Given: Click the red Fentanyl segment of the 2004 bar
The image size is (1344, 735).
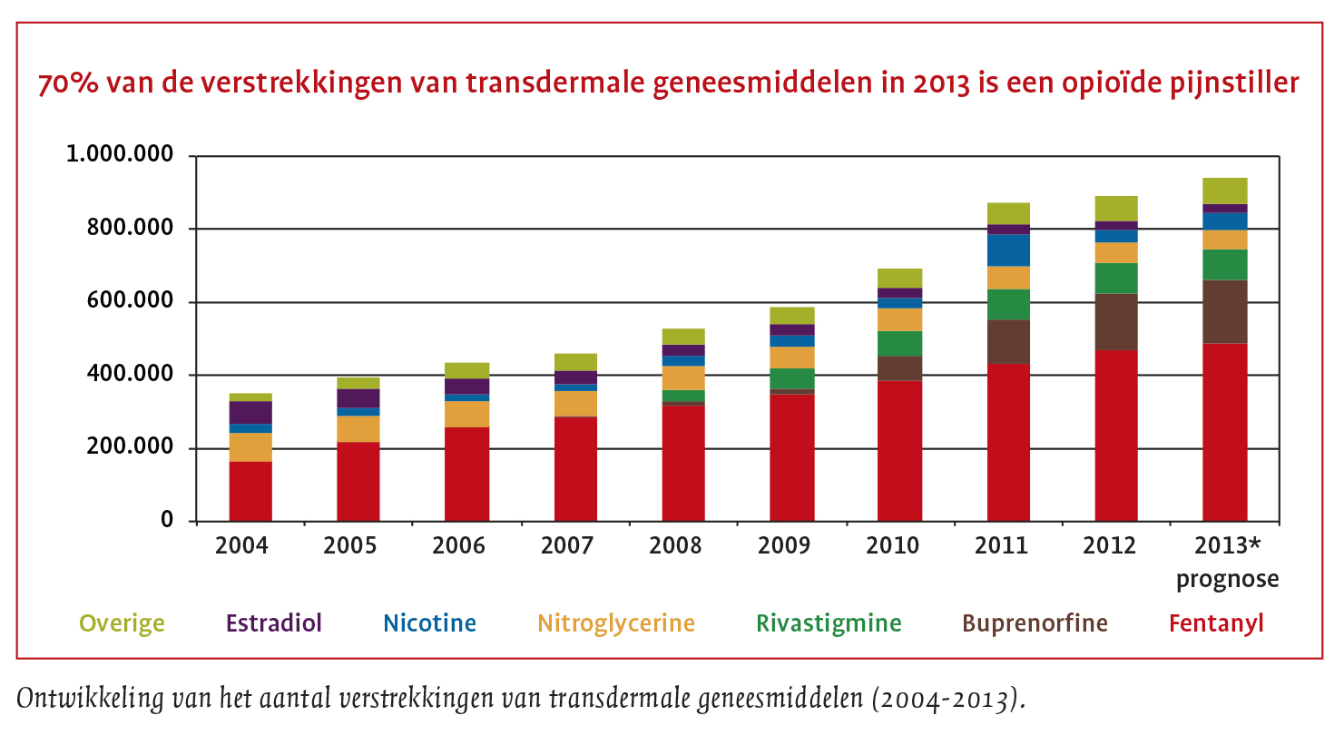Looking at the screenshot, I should [x=250, y=491].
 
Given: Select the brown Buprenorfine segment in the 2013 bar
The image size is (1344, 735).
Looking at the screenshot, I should [x=1224, y=311].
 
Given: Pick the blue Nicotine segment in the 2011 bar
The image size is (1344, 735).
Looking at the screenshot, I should [x=1007, y=250].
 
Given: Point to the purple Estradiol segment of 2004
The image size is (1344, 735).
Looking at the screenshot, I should [x=250, y=412].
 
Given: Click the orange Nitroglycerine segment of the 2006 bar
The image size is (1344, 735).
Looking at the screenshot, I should [x=466, y=414].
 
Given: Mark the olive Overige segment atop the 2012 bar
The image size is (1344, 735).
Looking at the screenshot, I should [x=1115, y=208].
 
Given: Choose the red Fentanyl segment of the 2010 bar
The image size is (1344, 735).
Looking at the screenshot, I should [x=899, y=450].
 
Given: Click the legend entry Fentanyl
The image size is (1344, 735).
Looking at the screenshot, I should [x=1216, y=623].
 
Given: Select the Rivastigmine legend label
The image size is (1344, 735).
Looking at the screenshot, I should [x=829, y=623].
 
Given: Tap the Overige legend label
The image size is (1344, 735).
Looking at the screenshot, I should [x=122, y=623].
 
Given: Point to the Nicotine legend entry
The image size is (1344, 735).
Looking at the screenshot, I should [x=429, y=623].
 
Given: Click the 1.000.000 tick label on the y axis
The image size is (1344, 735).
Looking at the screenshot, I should [x=119, y=155].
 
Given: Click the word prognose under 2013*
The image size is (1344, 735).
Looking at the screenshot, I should [x=1227, y=579].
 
